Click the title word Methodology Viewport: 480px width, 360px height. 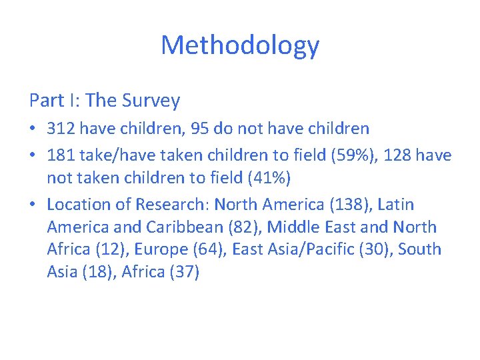click(240, 45)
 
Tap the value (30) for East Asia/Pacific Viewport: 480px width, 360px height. click(370, 249)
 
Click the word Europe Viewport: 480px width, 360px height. click(162, 249)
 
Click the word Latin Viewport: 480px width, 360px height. click(395, 204)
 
